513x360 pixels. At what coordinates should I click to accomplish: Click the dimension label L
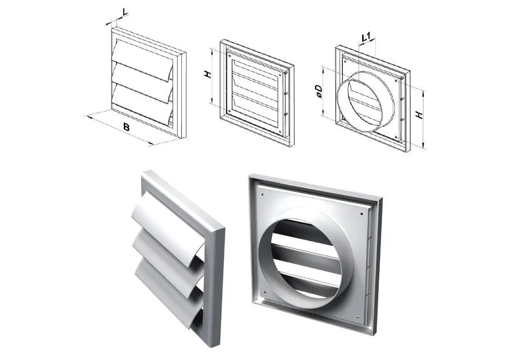(x=125, y=12)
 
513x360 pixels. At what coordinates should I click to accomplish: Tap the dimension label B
(x=126, y=126)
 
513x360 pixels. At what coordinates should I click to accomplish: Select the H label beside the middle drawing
(x=208, y=74)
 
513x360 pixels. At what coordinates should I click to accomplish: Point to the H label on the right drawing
(x=419, y=115)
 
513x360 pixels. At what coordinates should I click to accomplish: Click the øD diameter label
(x=319, y=91)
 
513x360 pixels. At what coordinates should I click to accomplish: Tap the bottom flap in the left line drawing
(x=142, y=103)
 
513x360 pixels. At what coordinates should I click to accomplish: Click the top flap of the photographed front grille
(x=167, y=223)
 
